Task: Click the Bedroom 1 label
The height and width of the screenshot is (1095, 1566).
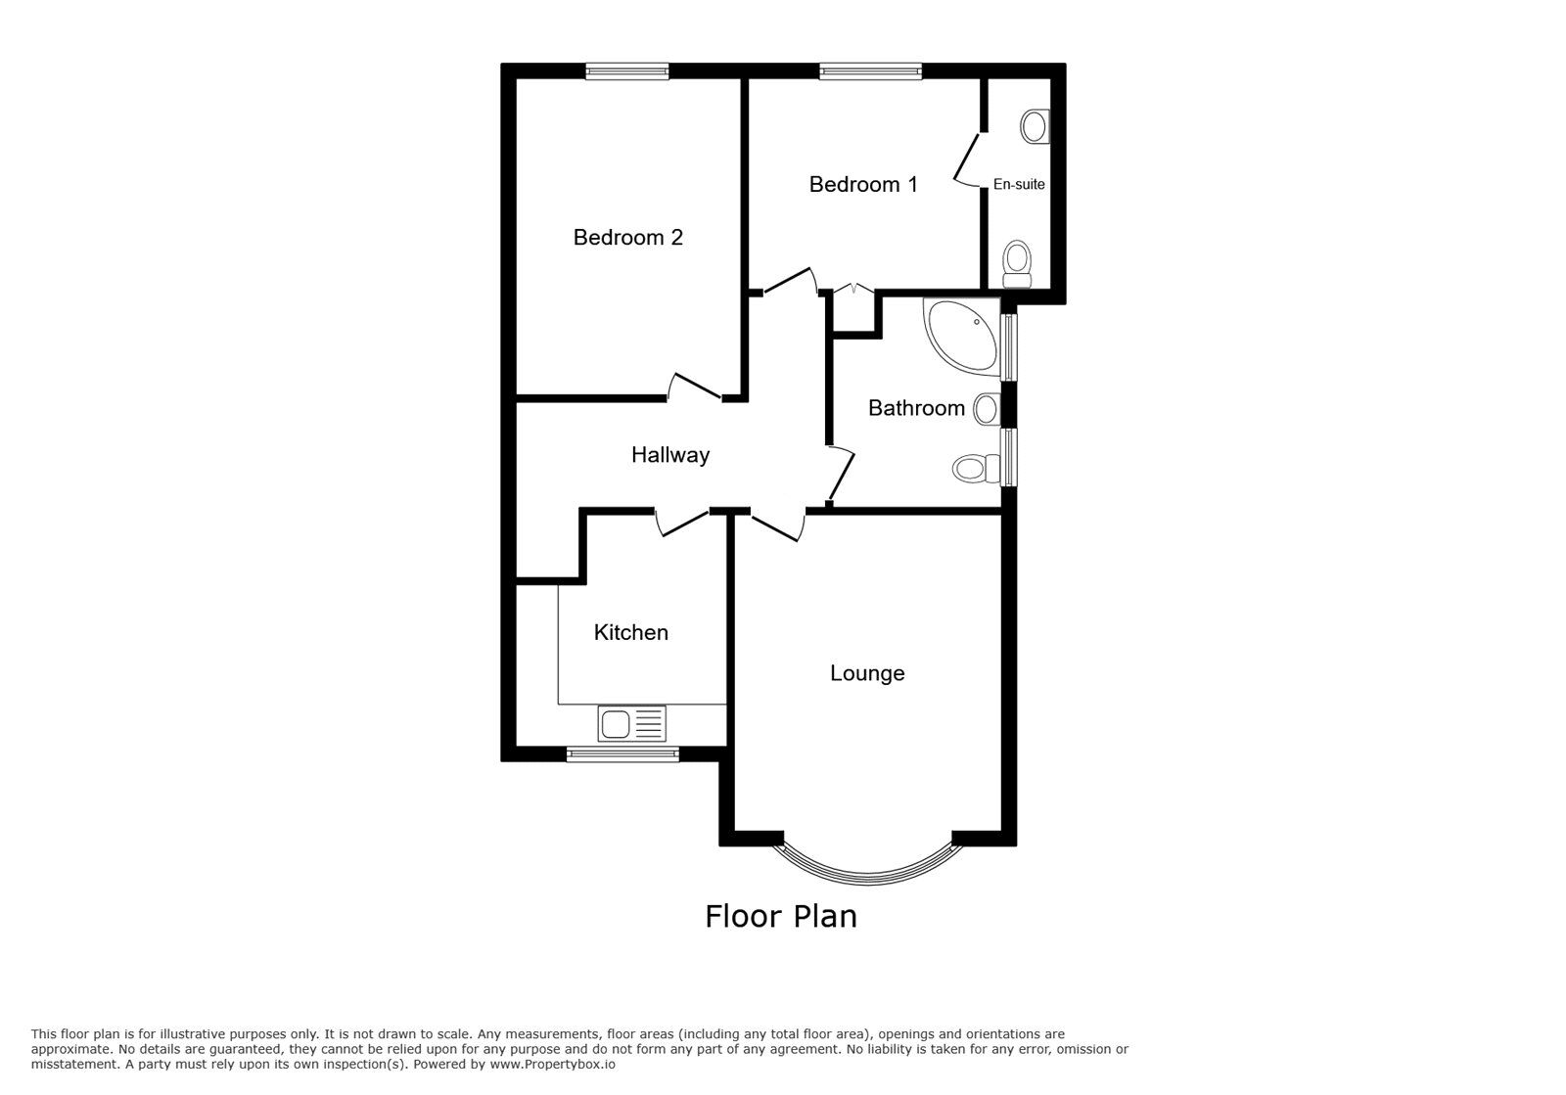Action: (x=863, y=184)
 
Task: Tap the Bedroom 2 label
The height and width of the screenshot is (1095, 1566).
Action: (x=627, y=237)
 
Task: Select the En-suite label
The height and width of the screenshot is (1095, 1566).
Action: (x=1019, y=184)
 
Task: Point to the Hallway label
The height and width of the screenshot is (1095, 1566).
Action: (x=669, y=454)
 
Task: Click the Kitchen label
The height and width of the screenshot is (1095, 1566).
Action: (x=630, y=632)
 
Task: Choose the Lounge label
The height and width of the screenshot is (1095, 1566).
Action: (x=867, y=673)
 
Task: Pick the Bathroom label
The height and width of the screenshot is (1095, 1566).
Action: (x=916, y=408)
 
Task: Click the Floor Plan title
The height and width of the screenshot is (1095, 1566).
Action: (x=781, y=916)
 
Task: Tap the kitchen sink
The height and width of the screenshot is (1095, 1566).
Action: (x=631, y=724)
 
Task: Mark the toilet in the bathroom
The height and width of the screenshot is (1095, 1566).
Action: (x=973, y=469)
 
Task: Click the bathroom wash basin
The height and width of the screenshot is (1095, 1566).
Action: (x=987, y=408)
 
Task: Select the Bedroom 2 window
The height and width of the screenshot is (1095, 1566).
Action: (x=627, y=70)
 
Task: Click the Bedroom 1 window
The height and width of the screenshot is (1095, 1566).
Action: (x=870, y=70)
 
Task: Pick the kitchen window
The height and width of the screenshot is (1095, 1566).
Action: (x=622, y=753)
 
